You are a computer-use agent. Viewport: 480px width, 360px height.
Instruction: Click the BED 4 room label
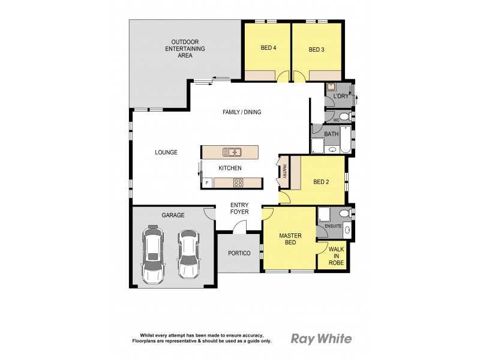(268, 49)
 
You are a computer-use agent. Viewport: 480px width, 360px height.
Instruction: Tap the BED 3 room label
(316, 49)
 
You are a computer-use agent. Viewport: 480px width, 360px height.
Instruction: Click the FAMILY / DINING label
(242, 112)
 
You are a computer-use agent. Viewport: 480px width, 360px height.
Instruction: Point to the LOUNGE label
(166, 152)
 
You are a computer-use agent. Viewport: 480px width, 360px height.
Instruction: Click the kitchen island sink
(231, 152)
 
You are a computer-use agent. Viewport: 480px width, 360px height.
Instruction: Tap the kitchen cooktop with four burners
(238, 183)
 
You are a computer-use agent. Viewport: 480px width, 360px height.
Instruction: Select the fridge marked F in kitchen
(207, 183)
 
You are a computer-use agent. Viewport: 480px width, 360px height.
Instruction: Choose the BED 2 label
(321, 182)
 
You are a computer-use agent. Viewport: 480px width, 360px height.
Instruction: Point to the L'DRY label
(341, 96)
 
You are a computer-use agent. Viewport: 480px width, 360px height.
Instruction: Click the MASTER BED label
(290, 239)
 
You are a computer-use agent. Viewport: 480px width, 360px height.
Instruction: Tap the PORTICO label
(239, 253)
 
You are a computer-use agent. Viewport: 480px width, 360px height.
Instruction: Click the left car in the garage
(153, 254)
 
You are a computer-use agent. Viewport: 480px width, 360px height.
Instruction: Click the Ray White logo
(321, 338)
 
